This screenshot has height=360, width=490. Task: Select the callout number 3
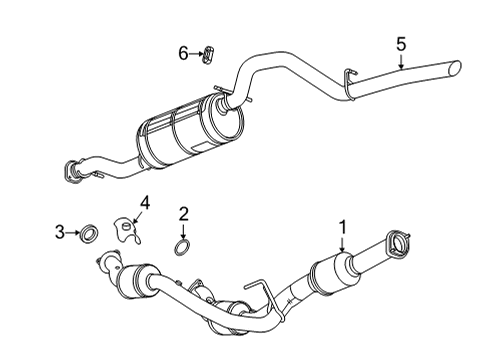(59, 233)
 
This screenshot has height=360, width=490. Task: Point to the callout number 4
(144, 205)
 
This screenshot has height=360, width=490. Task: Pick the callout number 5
(400, 43)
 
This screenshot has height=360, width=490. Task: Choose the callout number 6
(183, 52)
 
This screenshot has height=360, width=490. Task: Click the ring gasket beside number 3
(87, 234)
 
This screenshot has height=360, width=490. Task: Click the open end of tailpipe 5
(457, 69)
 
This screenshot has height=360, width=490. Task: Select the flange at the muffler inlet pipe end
(74, 170)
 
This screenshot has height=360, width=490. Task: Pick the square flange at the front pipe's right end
(403, 243)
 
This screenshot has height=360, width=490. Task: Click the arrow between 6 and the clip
(195, 53)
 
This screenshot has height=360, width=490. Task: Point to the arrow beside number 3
(72, 233)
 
